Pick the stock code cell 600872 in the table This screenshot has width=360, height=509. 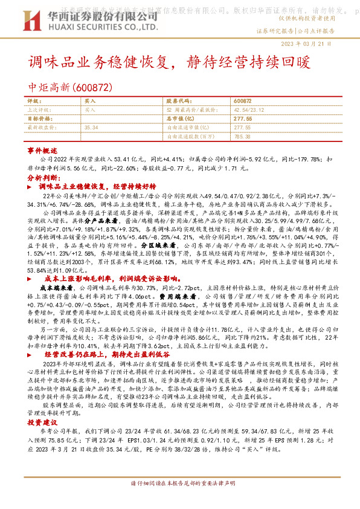click(242, 102)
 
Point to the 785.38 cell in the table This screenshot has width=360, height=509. click(242, 137)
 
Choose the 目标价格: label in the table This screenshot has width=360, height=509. click(39, 120)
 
